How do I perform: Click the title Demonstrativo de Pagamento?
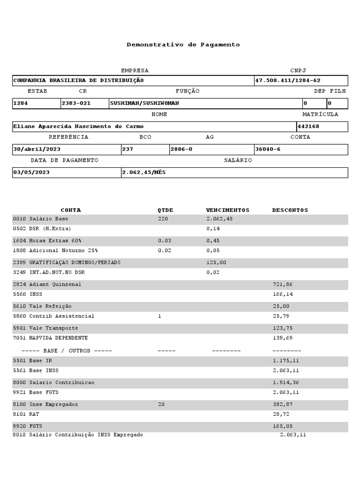(x=183, y=45)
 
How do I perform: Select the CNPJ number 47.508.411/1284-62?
(x=288, y=81)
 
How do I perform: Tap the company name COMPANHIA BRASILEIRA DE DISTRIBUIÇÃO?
(x=78, y=81)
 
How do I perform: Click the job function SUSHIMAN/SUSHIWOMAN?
(x=145, y=104)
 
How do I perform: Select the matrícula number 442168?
(x=308, y=127)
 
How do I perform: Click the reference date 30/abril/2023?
(x=37, y=150)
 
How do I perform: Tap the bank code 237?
(x=127, y=150)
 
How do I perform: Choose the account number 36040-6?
(x=268, y=150)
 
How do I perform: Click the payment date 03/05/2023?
(x=31, y=172)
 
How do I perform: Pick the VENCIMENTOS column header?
(x=228, y=210)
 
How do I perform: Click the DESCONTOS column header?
(x=290, y=210)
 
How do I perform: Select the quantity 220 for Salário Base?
(x=163, y=219)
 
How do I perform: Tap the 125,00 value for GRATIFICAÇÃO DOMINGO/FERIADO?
(x=216, y=262)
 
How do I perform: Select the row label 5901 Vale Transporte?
(x=45, y=328)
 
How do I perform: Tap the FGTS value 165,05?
(x=283, y=426)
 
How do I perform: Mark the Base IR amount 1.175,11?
(x=286, y=361)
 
